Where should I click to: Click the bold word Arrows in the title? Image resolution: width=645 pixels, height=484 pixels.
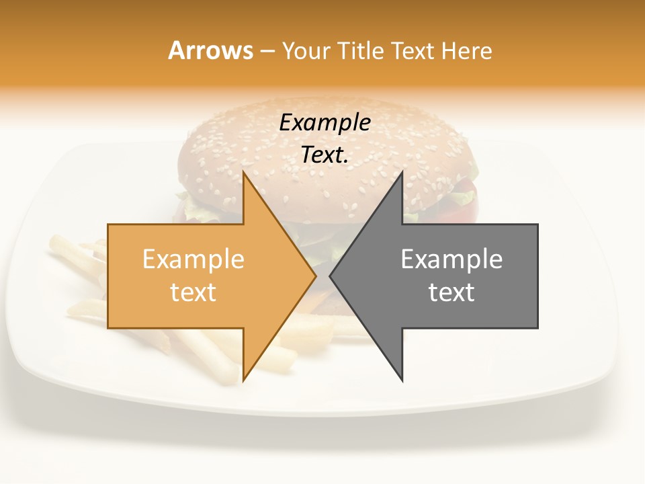coord(210,50)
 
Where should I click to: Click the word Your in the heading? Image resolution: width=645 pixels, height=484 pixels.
coord(308,50)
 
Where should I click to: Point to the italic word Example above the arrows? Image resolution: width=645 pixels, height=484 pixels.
coord(325,122)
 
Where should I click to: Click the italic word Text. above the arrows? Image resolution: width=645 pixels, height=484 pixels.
coord(325,155)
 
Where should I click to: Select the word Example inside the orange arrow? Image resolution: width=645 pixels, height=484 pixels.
coord(193,259)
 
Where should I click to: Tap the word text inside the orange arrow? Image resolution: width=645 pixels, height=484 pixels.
coord(193,292)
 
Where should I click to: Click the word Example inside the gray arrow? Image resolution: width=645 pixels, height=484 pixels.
coord(451,259)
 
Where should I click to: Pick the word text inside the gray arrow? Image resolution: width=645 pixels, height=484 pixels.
coord(451,292)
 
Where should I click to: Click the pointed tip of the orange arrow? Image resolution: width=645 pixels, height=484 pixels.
coord(316,276)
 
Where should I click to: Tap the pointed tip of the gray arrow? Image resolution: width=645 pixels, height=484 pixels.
coord(330,276)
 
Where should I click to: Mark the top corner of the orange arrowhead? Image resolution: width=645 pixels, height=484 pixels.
coord(244,172)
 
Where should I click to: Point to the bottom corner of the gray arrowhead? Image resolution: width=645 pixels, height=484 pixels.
coord(402,380)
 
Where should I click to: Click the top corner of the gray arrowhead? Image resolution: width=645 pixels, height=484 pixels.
coord(402,172)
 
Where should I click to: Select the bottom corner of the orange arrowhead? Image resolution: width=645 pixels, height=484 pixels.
coord(244,380)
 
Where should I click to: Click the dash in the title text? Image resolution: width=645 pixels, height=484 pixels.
coord(267,51)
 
